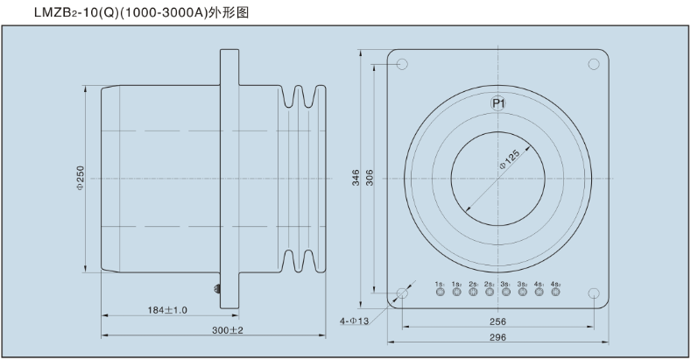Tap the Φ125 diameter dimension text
(x=510, y=161)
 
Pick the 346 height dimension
(x=356, y=177)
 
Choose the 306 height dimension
(x=370, y=177)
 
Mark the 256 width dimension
(x=497, y=321)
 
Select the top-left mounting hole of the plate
(x=402, y=64)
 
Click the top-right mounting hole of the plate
(x=593, y=64)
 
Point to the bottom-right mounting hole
(x=593, y=293)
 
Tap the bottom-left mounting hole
(x=402, y=293)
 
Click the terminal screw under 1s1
(x=440, y=293)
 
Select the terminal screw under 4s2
(x=555, y=293)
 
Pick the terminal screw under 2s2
(x=489, y=293)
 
